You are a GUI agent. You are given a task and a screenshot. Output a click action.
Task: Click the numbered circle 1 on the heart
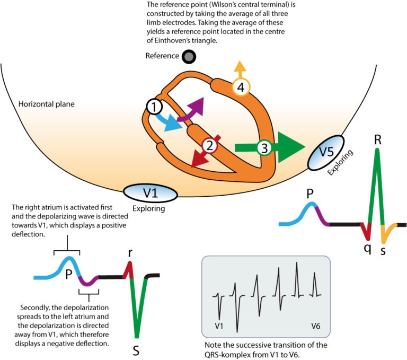click(154, 107)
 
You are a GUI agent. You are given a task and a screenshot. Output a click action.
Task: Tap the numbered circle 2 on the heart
click(209, 144)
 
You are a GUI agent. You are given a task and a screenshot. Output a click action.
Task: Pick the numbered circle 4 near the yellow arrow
click(241, 88)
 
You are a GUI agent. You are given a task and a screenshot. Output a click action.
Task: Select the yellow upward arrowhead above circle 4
click(241, 67)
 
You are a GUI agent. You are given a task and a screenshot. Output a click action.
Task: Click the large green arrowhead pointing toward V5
click(292, 145)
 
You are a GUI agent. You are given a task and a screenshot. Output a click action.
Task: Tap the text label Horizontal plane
click(46, 104)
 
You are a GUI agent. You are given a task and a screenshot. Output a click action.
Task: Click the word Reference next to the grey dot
click(162, 56)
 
